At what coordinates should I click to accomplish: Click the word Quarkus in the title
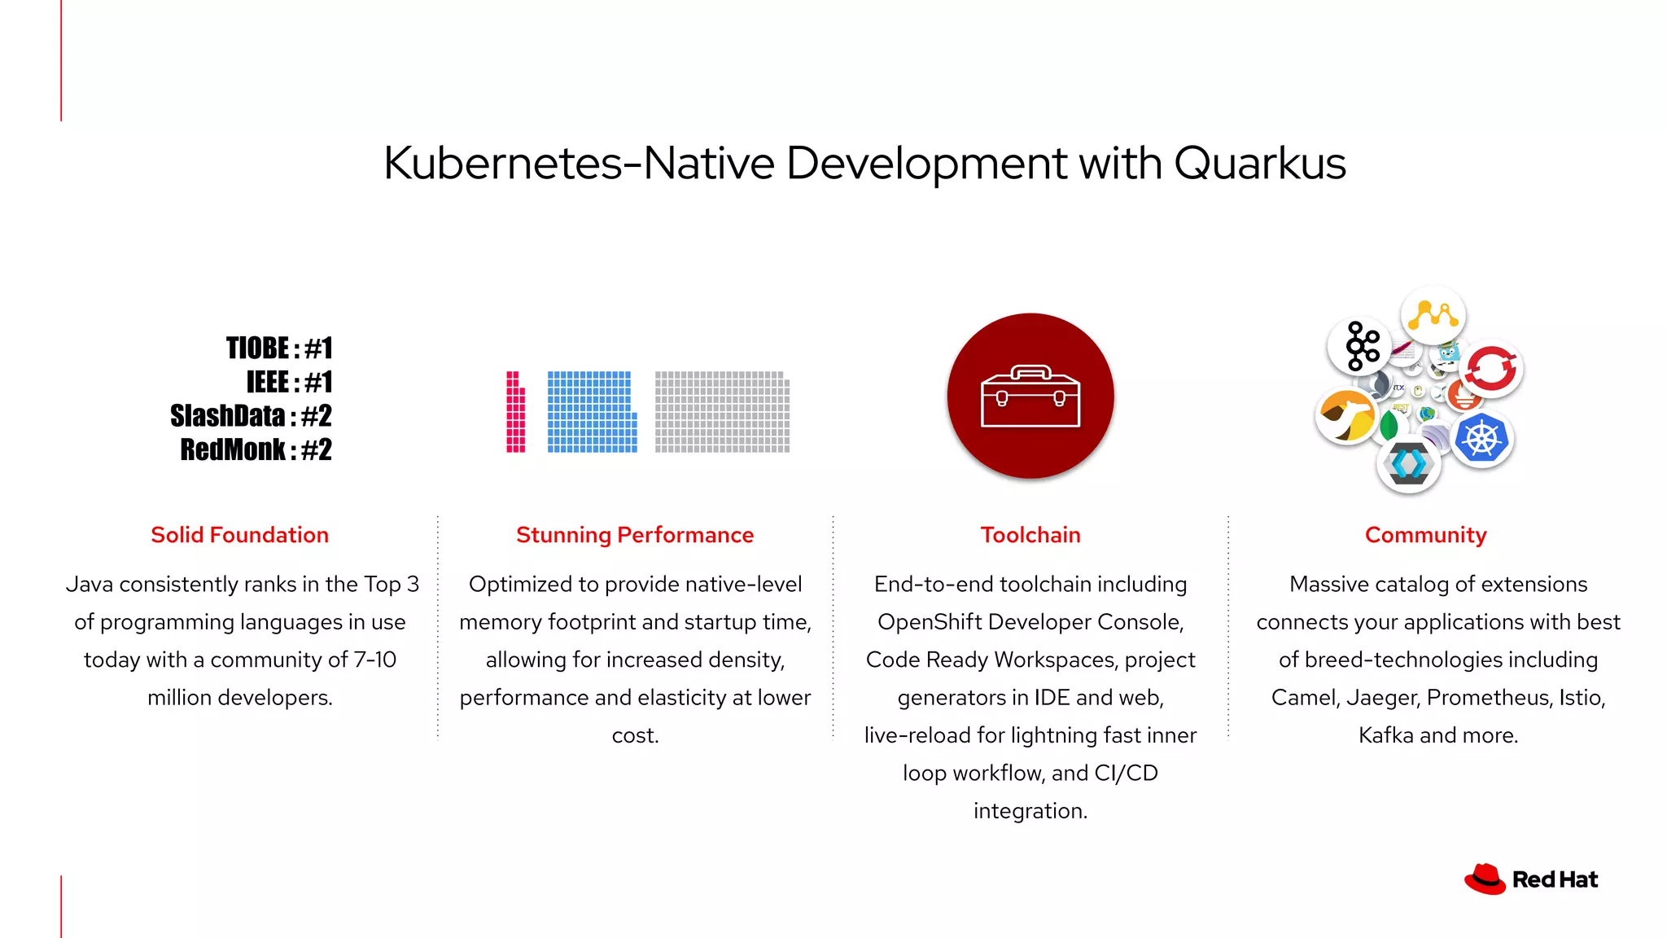coord(1259,164)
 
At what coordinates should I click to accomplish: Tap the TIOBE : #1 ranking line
coord(279,348)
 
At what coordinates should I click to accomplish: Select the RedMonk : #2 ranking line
coord(256,449)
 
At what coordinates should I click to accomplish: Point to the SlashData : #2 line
coord(251,416)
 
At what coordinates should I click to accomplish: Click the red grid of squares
coord(515,413)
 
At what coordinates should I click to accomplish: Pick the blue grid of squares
coord(592,412)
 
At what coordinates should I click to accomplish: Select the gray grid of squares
coord(722,412)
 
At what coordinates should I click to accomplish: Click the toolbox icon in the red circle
coord(1030,397)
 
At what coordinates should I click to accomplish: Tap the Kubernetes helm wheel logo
coord(1481,440)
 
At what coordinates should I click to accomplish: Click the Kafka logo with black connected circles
coord(1360,346)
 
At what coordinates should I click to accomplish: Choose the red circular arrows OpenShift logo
coord(1491,368)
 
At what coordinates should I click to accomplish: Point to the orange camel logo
coord(1346,416)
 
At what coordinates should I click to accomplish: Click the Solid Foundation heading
coord(239,535)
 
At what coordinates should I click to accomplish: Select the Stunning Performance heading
coord(635,535)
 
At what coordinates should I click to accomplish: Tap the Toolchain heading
coord(1030,535)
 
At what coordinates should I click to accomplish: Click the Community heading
coord(1425,535)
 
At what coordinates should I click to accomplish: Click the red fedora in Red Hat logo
coord(1485,879)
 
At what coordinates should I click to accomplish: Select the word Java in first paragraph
coord(90,585)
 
